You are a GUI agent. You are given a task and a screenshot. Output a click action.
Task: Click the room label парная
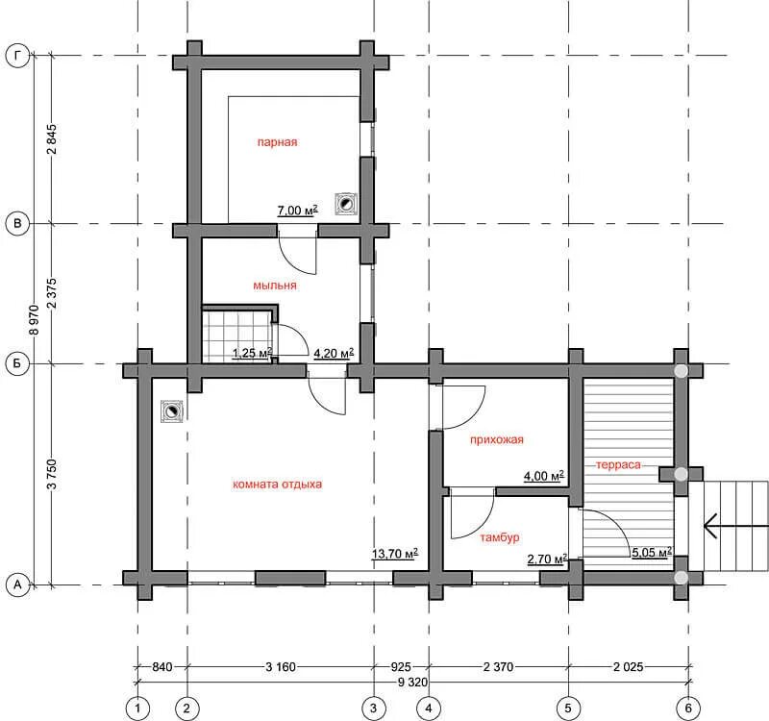(277, 142)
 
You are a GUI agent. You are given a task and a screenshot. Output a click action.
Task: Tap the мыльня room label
(275, 286)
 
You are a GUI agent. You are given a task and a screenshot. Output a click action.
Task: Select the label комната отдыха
(277, 485)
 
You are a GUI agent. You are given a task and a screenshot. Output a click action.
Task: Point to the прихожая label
(496, 440)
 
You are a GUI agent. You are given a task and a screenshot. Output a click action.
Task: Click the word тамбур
(499, 537)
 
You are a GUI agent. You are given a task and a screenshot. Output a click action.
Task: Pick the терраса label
(618, 464)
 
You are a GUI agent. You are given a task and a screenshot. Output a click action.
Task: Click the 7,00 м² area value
(298, 211)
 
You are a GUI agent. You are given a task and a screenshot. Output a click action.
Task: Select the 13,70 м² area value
(395, 554)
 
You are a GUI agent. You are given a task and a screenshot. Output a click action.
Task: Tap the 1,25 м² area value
(252, 353)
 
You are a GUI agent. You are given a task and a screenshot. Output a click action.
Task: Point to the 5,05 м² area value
(652, 552)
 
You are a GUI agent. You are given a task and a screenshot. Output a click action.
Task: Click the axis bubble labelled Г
(17, 56)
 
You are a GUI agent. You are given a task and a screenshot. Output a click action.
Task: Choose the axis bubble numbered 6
(688, 708)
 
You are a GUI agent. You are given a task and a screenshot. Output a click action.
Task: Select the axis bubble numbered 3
(374, 708)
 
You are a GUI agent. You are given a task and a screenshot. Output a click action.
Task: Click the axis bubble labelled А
(17, 584)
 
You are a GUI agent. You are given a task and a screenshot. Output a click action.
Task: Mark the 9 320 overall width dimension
(412, 682)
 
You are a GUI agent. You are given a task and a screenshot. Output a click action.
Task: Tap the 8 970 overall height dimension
(35, 319)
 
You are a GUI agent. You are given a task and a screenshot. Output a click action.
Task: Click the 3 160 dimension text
(281, 666)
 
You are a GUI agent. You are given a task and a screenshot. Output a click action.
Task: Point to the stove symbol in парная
(346, 204)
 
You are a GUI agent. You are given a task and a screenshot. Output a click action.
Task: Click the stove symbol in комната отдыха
(172, 411)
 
